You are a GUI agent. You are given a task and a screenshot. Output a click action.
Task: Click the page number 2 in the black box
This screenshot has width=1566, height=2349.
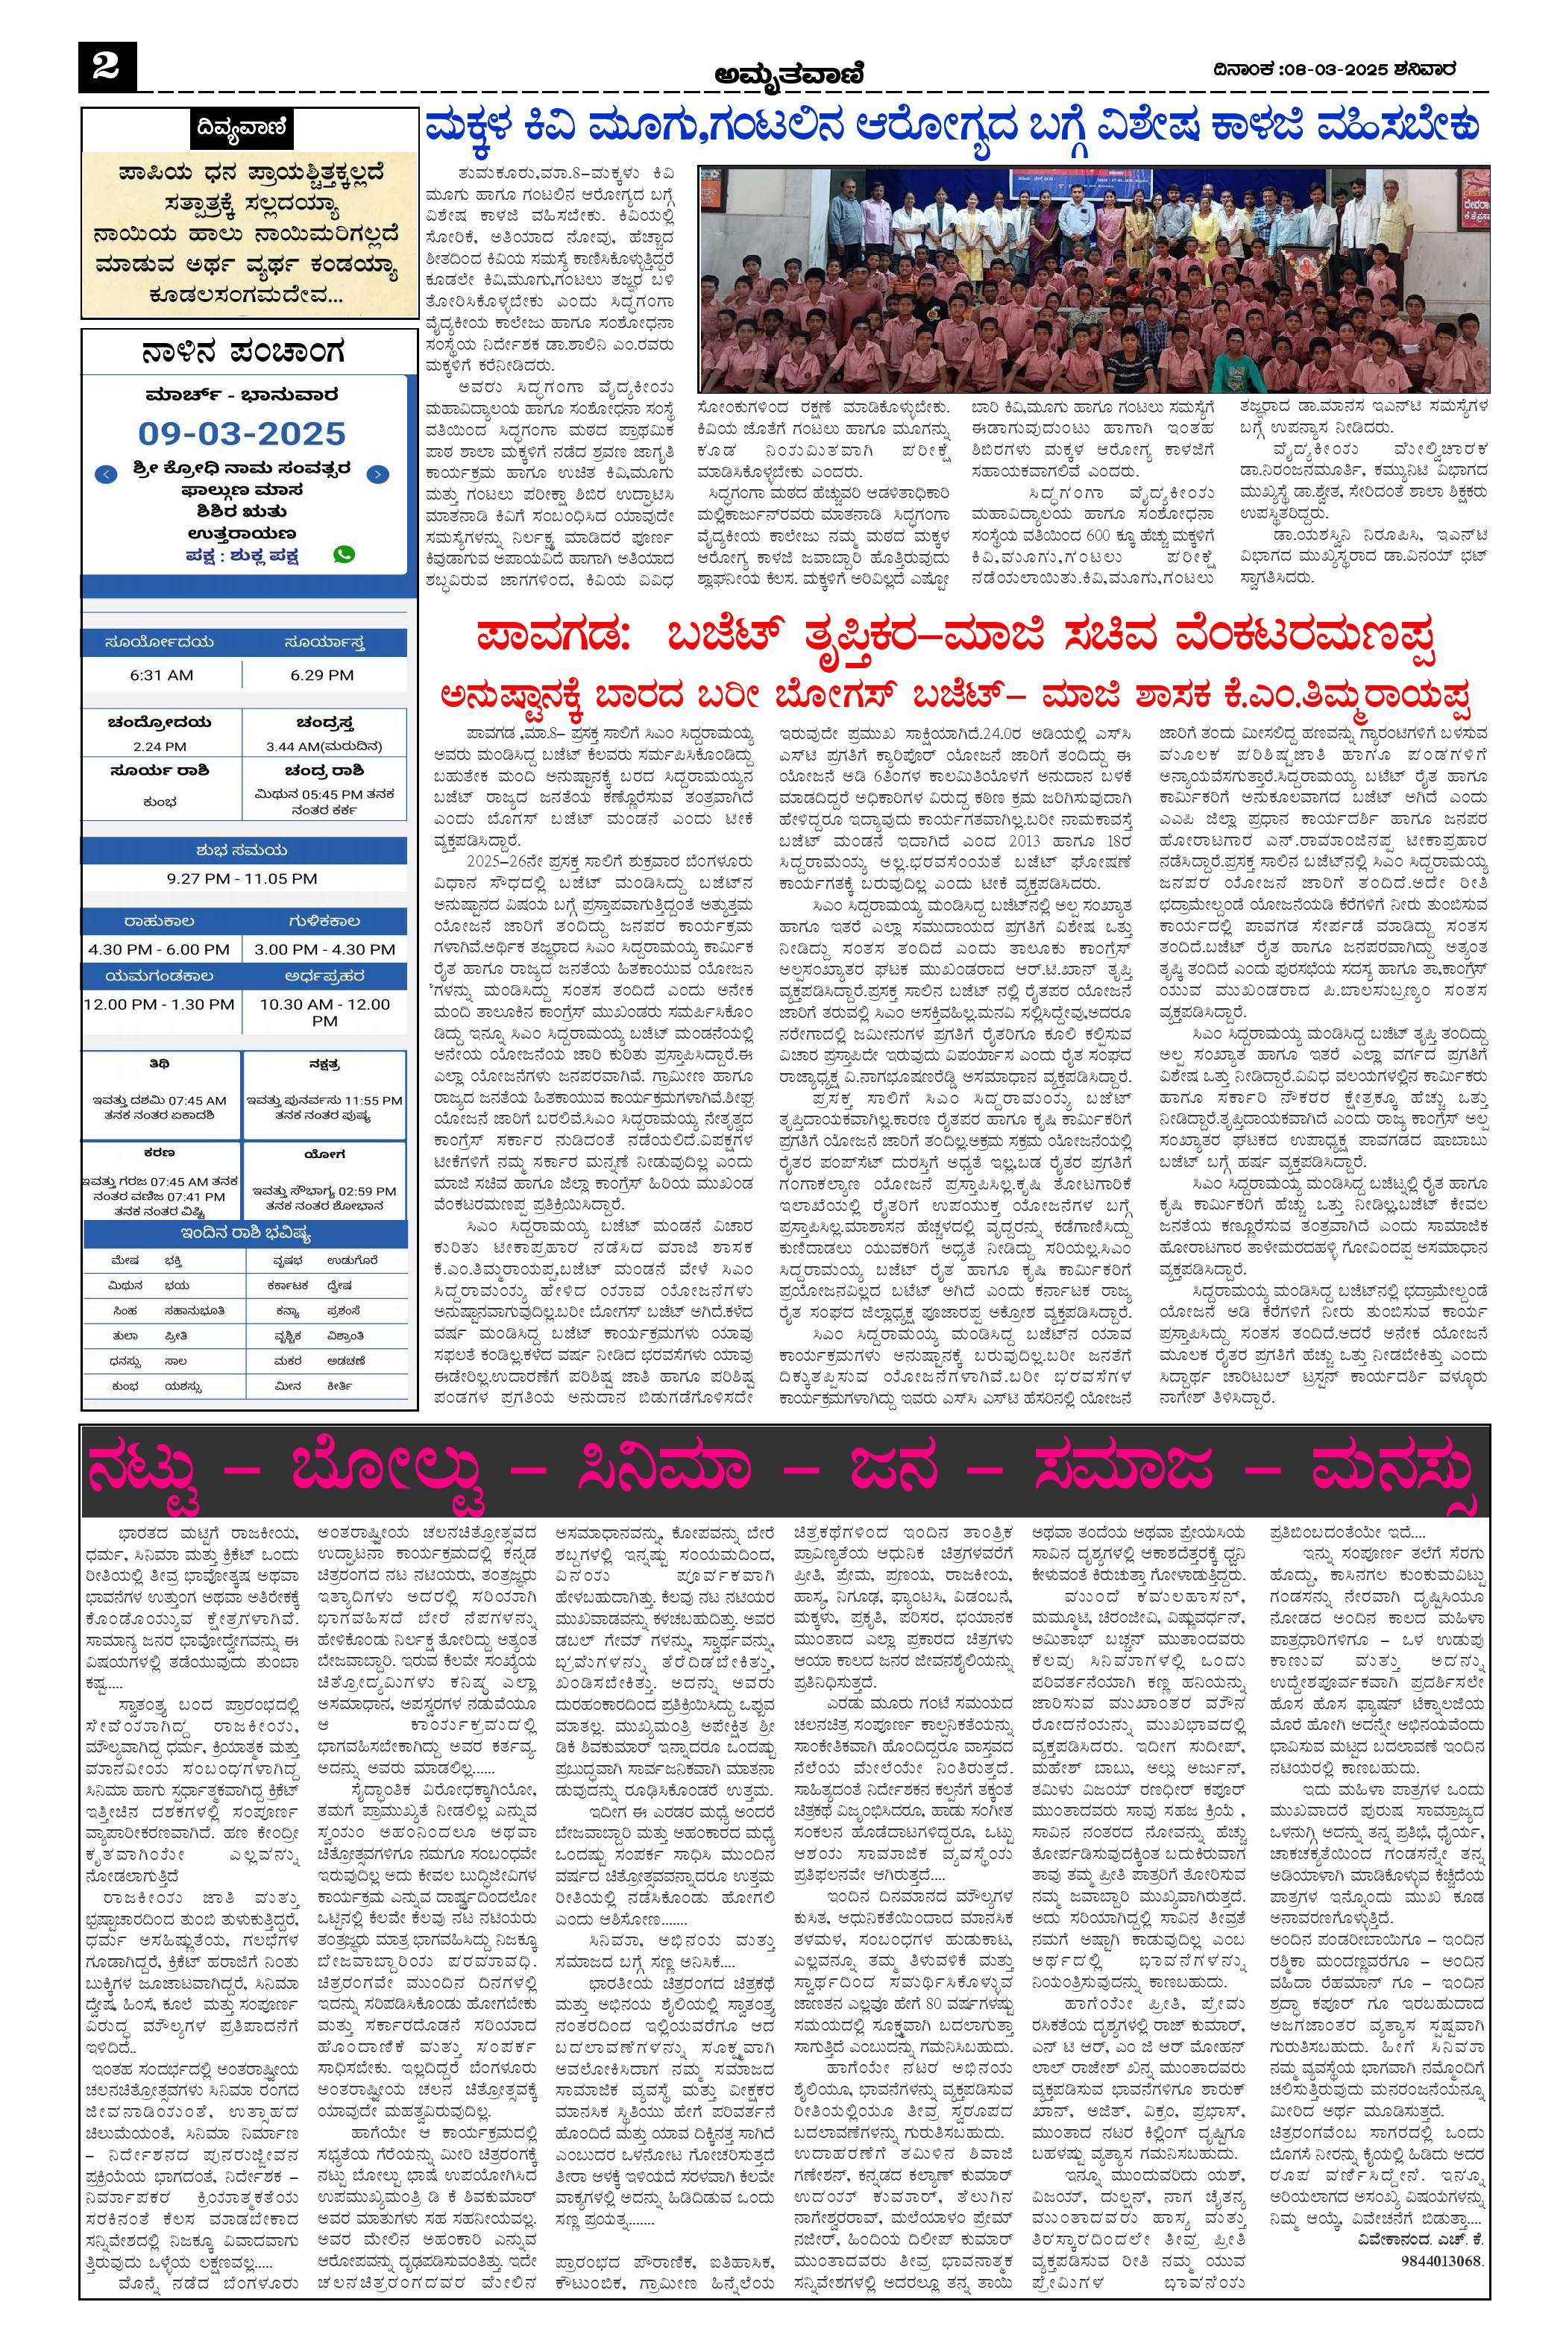106,67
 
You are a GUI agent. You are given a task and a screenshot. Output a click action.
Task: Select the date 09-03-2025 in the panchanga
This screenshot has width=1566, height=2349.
242,433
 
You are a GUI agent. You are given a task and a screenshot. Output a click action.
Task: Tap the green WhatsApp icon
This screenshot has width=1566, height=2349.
345,554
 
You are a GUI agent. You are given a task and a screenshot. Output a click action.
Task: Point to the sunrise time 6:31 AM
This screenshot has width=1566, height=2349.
161,675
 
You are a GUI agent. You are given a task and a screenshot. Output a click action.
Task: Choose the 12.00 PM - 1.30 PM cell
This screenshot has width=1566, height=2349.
159,1004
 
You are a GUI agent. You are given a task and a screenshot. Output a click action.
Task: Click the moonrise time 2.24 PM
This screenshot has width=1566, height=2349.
160,746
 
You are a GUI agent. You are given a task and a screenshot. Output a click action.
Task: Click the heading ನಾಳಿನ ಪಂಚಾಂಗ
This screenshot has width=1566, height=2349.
244,353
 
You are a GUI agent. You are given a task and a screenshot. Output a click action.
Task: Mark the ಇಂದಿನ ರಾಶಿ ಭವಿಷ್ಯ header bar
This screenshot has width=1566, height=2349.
245,1233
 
